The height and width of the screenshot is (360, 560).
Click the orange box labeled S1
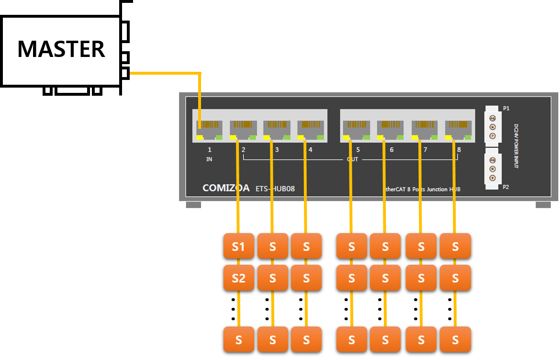click(238, 246)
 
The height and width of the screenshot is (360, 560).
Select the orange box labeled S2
click(238, 278)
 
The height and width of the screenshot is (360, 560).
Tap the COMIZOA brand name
click(226, 188)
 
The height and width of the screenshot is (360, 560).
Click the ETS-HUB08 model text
click(275, 189)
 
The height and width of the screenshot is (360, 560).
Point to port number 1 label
click(210, 150)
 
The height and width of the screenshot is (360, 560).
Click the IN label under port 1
click(209, 159)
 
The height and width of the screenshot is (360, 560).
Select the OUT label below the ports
click(352, 159)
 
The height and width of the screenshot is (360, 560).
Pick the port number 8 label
click(459, 150)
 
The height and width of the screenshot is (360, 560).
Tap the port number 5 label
click(358, 150)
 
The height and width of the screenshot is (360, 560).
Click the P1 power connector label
click(506, 109)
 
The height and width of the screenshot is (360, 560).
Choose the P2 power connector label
click(506, 187)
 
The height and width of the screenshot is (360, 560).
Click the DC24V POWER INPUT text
click(516, 146)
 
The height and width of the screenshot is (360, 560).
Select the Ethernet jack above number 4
click(311, 127)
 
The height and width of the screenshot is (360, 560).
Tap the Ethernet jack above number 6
click(390, 127)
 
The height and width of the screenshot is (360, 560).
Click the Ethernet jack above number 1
click(209, 127)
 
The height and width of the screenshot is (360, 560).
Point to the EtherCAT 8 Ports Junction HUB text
click(422, 189)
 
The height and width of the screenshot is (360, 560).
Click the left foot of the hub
click(193, 205)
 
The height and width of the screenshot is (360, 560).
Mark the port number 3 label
click(277, 150)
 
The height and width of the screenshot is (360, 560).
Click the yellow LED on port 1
click(200, 137)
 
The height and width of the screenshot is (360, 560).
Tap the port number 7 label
click(425, 150)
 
